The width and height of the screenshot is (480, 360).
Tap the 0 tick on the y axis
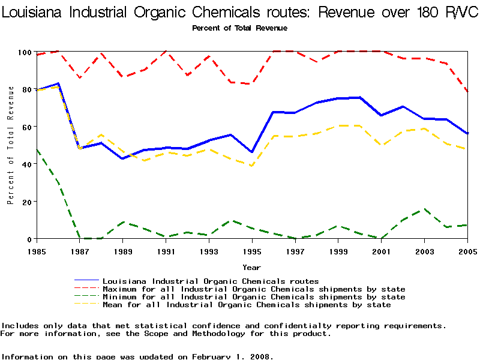[x=29, y=239]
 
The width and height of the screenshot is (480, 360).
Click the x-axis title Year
[x=251, y=267]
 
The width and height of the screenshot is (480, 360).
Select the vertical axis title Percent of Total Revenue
[x=10, y=145]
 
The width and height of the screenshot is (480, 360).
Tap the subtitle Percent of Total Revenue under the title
[x=239, y=28]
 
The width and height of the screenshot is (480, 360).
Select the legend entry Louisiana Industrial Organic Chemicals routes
[x=211, y=281]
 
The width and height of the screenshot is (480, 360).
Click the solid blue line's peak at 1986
[x=58, y=83]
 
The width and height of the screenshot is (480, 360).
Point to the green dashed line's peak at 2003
[x=424, y=209]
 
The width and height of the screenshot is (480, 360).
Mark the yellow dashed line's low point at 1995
[x=252, y=166]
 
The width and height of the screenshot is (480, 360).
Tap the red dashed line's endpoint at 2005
[x=467, y=92]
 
